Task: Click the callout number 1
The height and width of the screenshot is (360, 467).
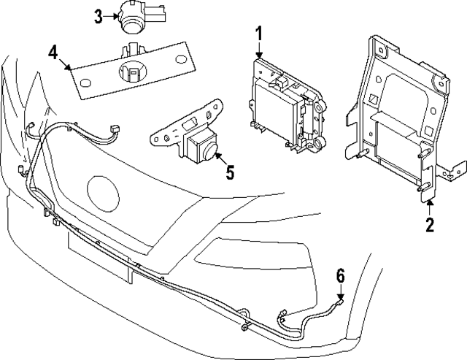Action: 258,34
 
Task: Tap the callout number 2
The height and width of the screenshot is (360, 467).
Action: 430,225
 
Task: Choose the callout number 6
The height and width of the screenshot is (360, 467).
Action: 340,275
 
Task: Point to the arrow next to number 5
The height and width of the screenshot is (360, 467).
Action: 223,161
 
